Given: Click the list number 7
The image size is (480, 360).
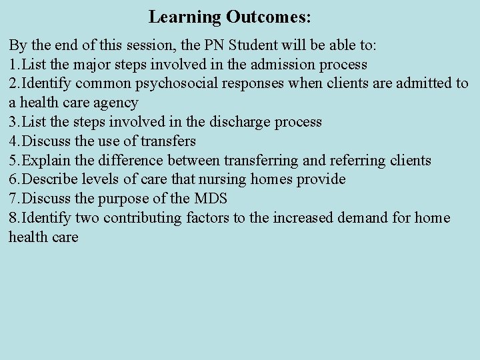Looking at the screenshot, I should (x=13, y=199).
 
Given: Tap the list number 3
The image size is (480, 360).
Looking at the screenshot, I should (x=13, y=122).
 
